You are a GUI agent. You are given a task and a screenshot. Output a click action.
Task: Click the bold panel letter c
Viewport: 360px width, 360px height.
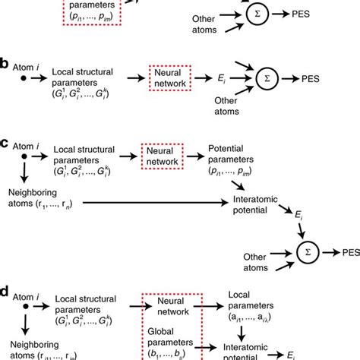coord(5,142)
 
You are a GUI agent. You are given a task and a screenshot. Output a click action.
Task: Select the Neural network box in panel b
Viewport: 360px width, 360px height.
coord(160,77)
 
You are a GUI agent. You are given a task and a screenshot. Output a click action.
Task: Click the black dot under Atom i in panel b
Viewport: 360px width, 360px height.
coord(23,77)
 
